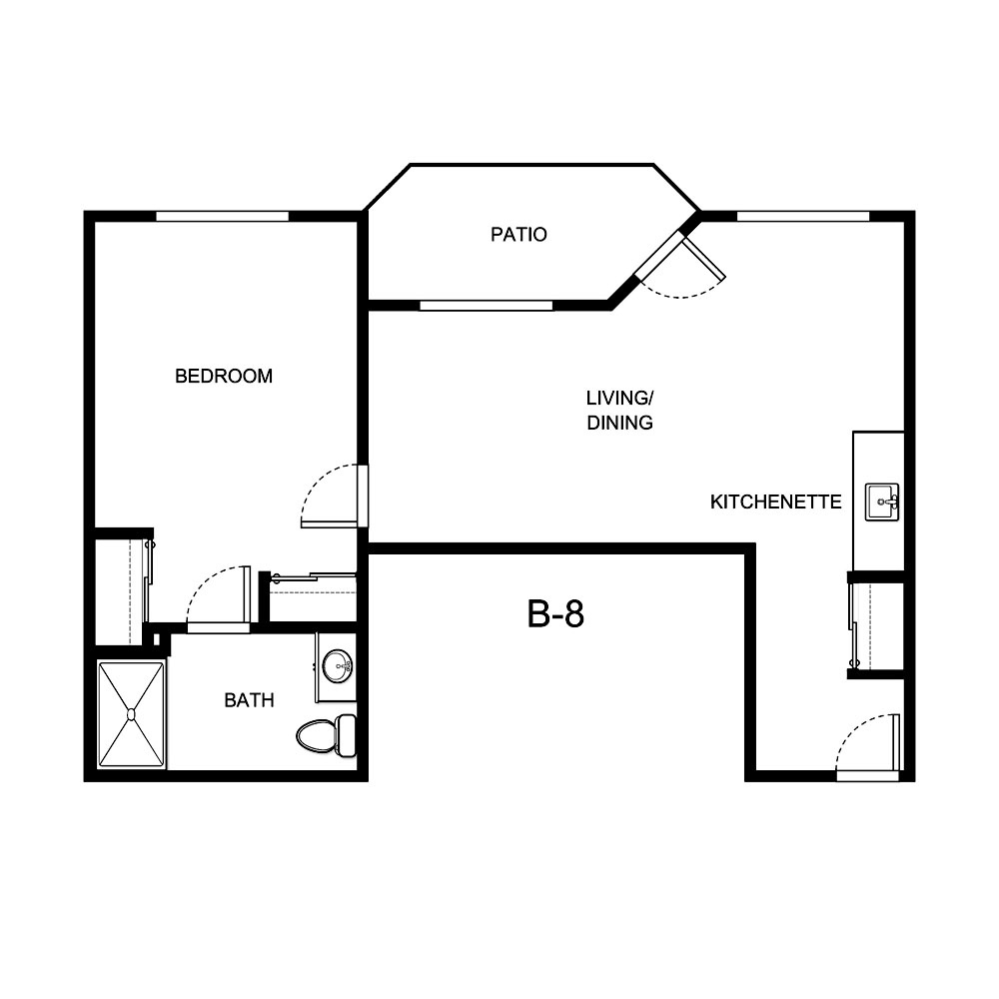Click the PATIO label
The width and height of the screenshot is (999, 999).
(518, 236)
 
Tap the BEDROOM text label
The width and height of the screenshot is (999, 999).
(224, 377)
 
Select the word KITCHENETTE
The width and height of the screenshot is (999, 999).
(775, 501)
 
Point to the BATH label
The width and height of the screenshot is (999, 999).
(249, 700)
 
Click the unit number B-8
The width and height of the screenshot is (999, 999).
(555, 614)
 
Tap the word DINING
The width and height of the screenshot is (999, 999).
(619, 423)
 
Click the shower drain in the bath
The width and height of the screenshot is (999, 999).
(131, 713)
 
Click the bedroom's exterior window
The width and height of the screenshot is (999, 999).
(222, 216)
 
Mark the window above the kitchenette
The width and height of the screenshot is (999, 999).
(802, 216)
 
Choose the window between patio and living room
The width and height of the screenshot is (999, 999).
(486, 305)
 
